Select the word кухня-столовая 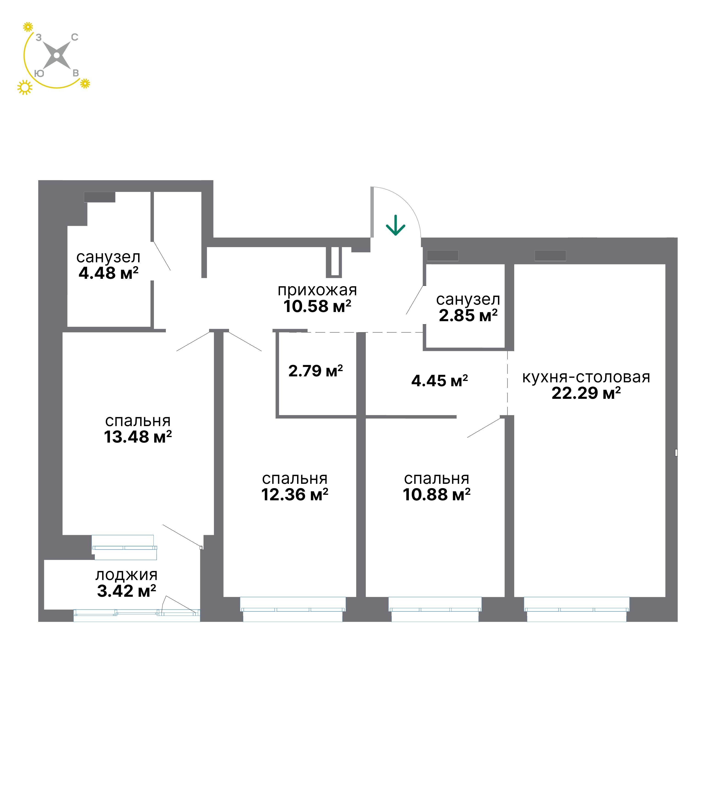[586, 377]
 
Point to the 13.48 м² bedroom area [138, 437]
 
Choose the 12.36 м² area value [295, 495]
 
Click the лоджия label [126, 575]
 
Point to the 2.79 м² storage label [316, 371]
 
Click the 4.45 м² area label [440, 380]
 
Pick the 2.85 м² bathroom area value [468, 315]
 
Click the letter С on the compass [74, 37]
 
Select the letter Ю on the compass [39, 74]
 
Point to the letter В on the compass [76, 73]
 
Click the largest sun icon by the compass [25, 87]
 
